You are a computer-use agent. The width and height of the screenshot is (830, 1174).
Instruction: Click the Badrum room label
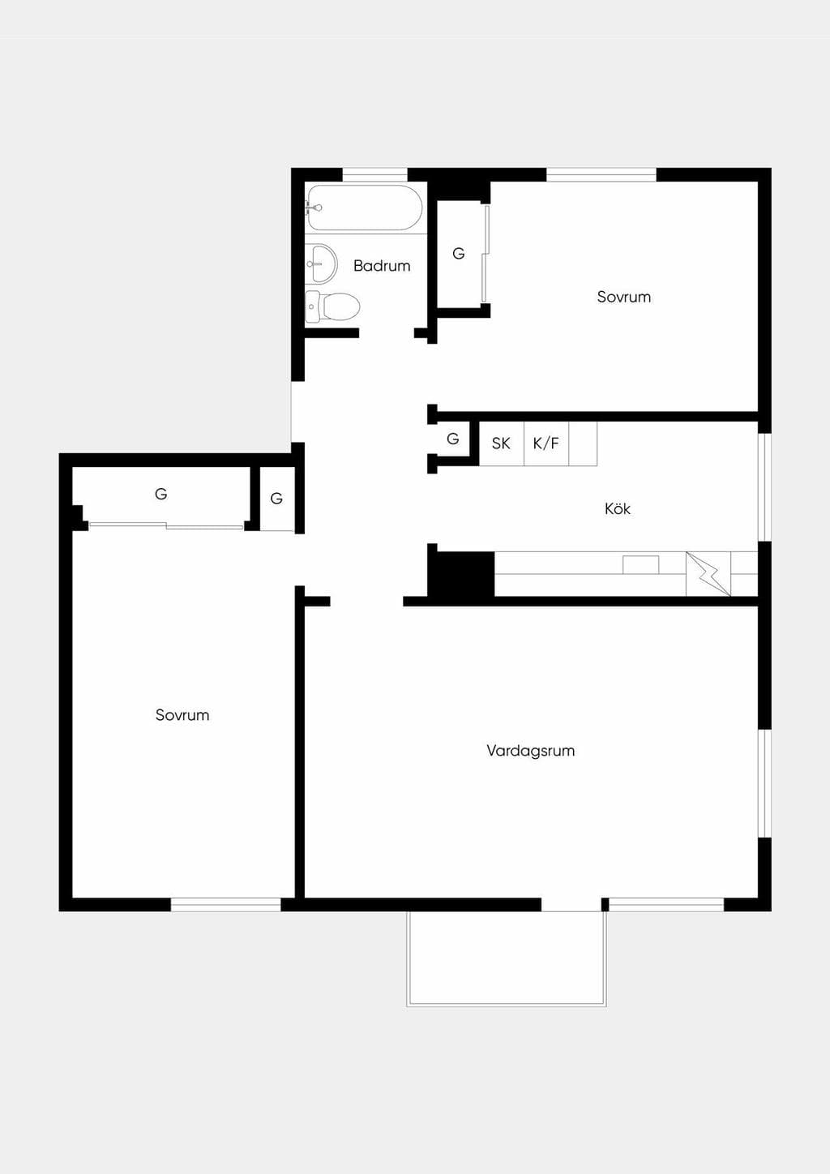pos(382,266)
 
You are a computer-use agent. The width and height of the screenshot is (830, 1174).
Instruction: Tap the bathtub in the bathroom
pos(365,208)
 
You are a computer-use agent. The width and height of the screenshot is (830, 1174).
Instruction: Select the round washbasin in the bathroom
pos(320,264)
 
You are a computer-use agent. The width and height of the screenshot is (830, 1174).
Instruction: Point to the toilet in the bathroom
pos(333,306)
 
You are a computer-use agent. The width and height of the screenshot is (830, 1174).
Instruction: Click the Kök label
pos(618,508)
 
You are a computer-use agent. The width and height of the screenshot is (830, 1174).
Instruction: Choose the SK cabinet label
pos(501,443)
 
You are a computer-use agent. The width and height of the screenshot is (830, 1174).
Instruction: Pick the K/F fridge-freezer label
pos(546,443)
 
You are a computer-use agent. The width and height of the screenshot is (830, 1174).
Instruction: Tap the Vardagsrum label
pos(530,751)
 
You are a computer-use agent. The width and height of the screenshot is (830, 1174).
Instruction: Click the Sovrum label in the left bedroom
pos(182,715)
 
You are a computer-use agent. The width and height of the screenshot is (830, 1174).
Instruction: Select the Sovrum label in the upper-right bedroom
pos(623,297)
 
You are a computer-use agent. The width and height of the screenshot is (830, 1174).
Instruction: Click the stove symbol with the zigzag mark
pos(708,574)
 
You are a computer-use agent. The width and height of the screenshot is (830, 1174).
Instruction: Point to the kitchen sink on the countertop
pos(641,564)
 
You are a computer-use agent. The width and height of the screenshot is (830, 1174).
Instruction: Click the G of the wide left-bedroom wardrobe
pos(160,494)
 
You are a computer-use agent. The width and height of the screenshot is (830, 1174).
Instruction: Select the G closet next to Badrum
pos(459,254)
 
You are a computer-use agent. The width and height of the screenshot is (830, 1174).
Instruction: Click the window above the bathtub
pos(374,175)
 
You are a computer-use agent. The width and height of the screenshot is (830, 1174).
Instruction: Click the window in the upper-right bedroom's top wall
pos(601,175)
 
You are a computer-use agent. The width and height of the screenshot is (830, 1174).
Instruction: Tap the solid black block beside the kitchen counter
pos(461,574)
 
